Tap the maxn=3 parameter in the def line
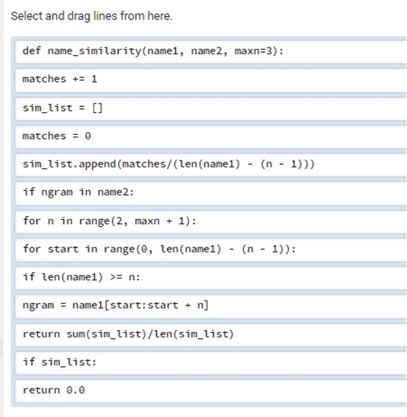[x=256, y=51]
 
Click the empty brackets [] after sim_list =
[x=97, y=108]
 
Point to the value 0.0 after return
[x=75, y=390]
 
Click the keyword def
[x=32, y=50]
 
